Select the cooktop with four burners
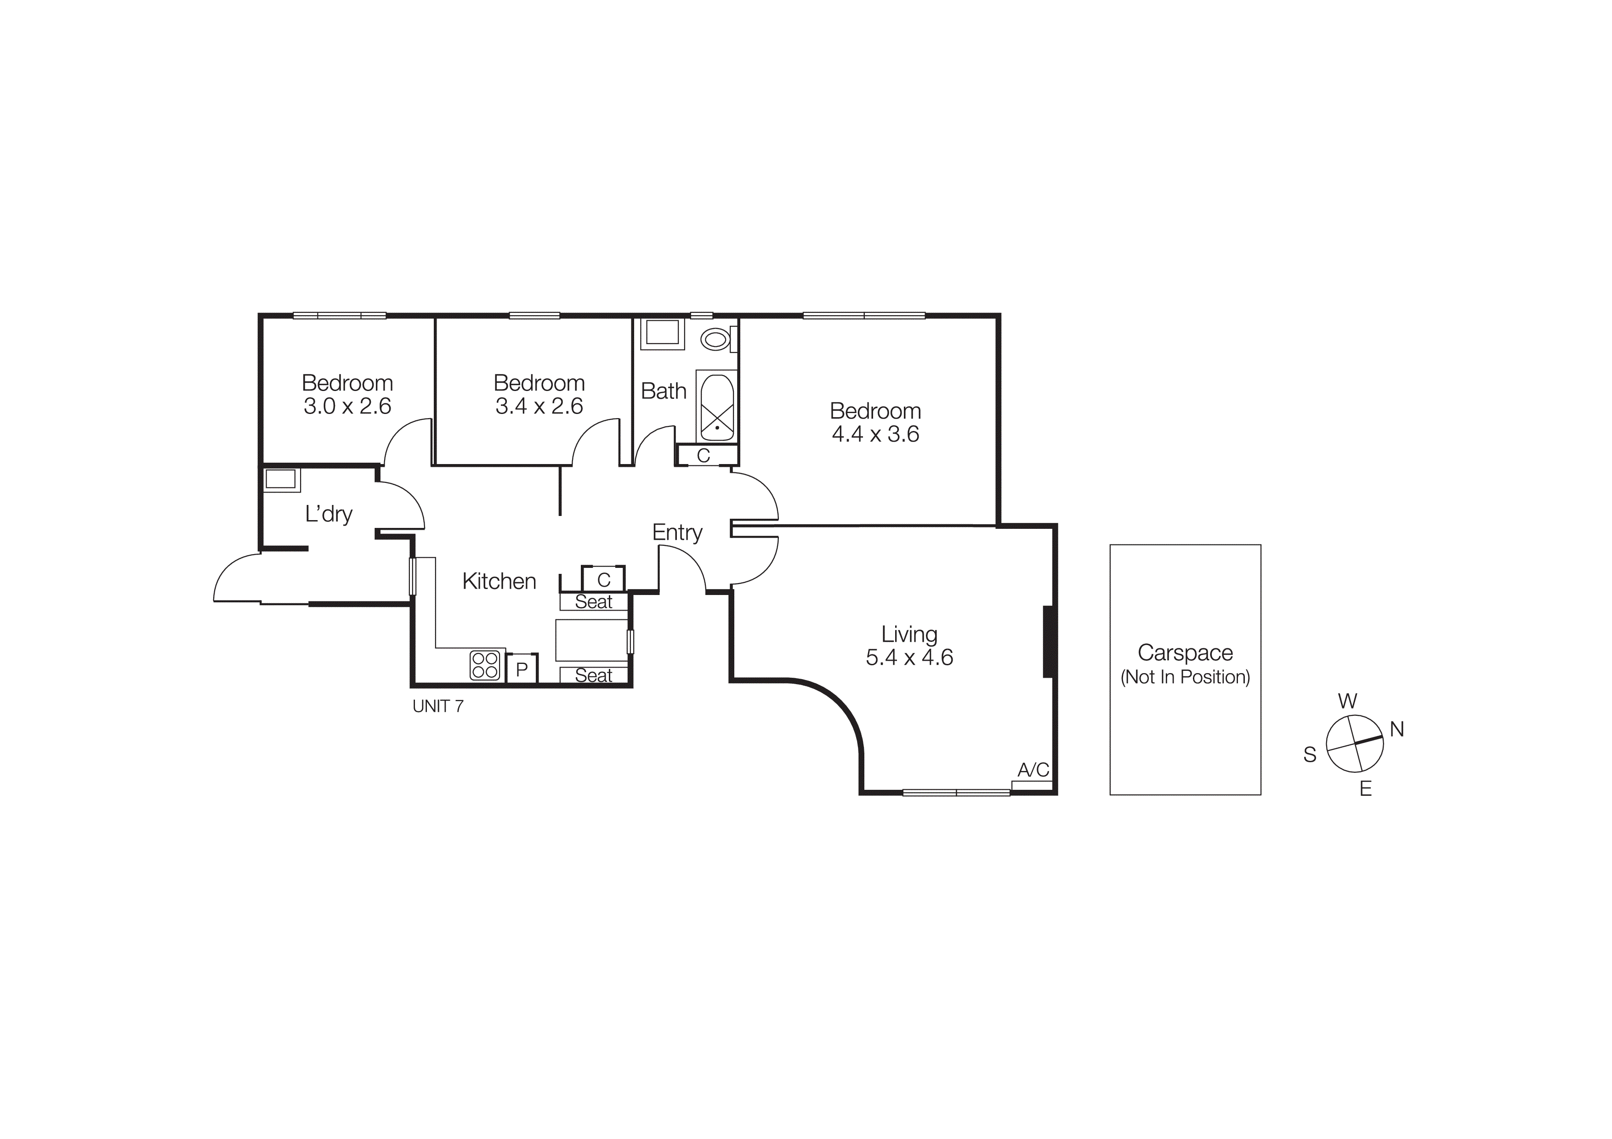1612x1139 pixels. click(484, 665)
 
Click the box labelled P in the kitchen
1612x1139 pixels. click(522, 669)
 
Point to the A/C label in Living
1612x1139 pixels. click(1033, 770)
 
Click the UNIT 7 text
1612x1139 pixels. click(438, 707)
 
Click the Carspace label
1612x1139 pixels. click(1185, 652)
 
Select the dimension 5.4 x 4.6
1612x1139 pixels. click(909, 657)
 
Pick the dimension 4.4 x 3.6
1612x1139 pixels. click(875, 434)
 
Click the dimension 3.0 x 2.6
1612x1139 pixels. click(347, 406)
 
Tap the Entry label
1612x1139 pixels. click(677, 533)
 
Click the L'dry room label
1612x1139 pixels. click(329, 515)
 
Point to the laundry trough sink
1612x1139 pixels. click(281, 479)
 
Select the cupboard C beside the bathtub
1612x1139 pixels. click(704, 455)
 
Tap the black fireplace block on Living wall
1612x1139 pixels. click(1049, 641)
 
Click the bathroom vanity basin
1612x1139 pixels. click(662, 333)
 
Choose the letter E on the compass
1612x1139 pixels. click(1366, 789)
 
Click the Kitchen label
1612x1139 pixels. click(499, 581)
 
